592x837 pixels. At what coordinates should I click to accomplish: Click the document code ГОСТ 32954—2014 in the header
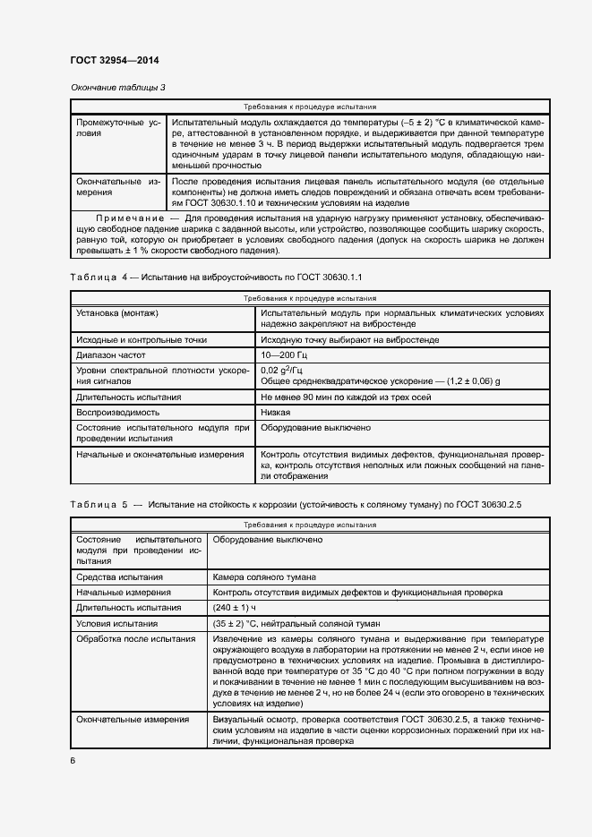point(114,60)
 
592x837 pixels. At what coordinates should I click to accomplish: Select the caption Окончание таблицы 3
point(117,87)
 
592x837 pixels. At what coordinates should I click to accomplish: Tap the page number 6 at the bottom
point(73,761)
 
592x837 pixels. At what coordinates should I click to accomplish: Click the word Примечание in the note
point(129,218)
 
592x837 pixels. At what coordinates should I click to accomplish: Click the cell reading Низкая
point(276,412)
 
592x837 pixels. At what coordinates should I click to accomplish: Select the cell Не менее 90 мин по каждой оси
point(347,397)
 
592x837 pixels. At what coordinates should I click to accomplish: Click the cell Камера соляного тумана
point(264,577)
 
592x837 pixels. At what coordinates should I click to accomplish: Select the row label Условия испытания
point(117,623)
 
